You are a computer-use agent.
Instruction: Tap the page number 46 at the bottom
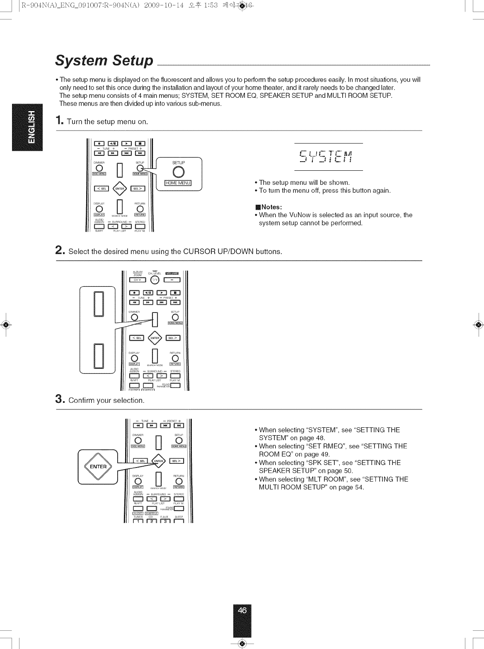pyautogui.click(x=242, y=610)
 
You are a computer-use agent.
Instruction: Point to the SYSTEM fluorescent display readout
pyautogui.click(x=328, y=157)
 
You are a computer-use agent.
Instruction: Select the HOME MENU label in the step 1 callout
pyautogui.click(x=177, y=184)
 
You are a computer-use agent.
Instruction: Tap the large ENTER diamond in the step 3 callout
pyautogui.click(x=98, y=467)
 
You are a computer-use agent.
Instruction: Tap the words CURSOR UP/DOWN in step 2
pyautogui.click(x=218, y=252)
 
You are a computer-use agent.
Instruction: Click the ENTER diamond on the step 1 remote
pyautogui.click(x=119, y=189)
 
